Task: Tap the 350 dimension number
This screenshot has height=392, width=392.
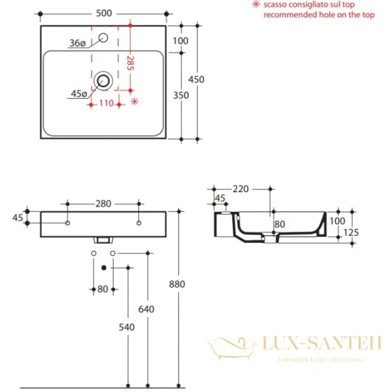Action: (x=181, y=95)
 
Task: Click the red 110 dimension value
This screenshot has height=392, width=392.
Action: (x=106, y=103)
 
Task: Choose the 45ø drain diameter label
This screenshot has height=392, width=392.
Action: (x=79, y=94)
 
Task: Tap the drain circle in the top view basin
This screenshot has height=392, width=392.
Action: (x=103, y=82)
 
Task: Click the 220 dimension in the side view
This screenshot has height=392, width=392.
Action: (x=240, y=189)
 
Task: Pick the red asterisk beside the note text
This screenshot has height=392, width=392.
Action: (x=256, y=4)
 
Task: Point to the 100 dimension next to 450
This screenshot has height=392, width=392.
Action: (x=181, y=41)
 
